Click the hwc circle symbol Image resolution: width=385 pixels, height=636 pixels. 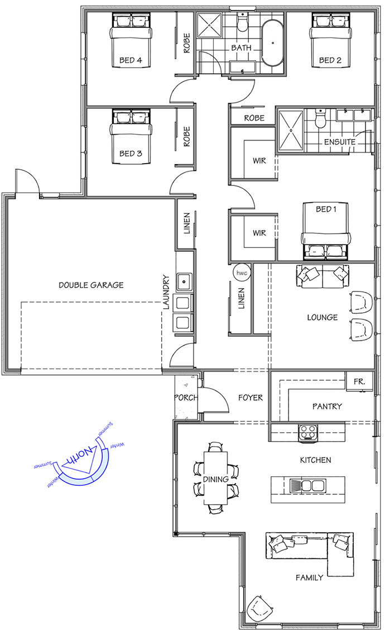(x=242, y=272)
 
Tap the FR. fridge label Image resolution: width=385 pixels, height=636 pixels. (x=359, y=381)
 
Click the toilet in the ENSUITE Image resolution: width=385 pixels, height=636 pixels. (x=321, y=118)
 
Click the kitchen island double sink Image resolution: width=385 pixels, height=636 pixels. (x=309, y=485)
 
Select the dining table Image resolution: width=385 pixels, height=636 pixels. (x=215, y=478)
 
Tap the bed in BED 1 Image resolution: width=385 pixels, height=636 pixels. (x=326, y=231)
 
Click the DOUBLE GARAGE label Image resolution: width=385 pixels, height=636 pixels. (x=91, y=285)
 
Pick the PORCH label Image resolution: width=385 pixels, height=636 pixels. (x=186, y=398)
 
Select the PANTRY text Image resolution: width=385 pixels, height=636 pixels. (x=327, y=406)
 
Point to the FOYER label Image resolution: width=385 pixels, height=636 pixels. (x=251, y=398)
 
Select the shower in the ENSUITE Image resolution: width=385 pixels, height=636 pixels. (x=291, y=130)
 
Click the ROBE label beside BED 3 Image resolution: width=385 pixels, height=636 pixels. (x=187, y=137)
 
